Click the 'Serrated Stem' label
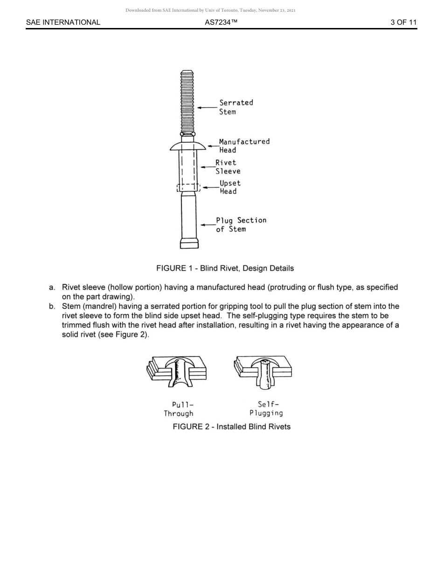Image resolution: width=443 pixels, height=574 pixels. coord(236,107)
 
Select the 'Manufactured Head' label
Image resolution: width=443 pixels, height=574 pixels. coord(244,146)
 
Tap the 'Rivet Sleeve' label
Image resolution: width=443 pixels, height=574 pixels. coord(228,167)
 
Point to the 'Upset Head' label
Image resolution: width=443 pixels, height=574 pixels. coord(230,187)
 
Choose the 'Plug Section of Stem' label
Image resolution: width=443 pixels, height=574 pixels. coord(241,224)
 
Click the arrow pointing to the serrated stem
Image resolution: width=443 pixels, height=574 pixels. coord(207,107)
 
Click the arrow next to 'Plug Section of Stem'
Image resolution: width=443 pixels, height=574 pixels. coord(208,224)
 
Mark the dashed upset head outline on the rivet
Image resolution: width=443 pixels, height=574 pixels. coord(188,188)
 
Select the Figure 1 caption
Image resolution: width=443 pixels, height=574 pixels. coord(225,268)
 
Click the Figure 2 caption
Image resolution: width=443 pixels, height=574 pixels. coord(231,427)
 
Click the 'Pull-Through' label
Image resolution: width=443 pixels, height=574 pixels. coord(178,409)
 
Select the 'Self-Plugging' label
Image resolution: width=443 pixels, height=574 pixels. coord(266,408)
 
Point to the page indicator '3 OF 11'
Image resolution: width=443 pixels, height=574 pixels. coord(403,22)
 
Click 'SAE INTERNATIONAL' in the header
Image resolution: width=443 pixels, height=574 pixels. coord(63,22)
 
